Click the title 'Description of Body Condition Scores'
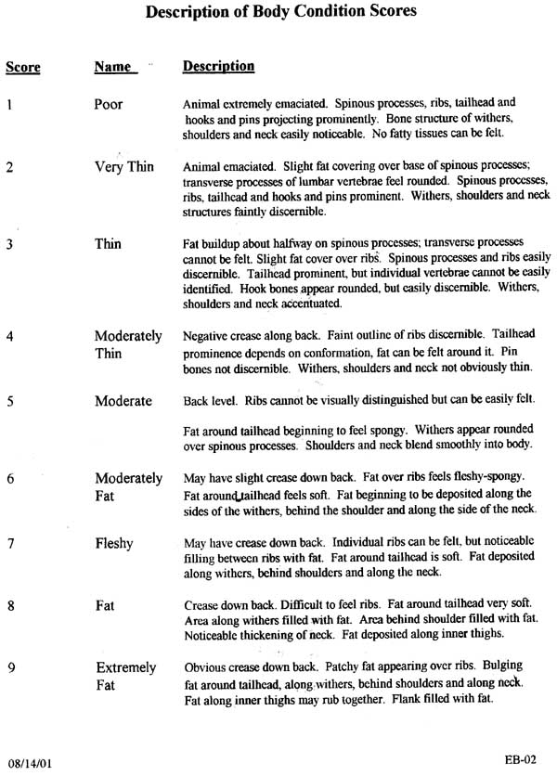(276, 12)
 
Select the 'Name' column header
(115, 68)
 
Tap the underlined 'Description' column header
(218, 67)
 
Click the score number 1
(9, 104)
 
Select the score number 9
(9, 667)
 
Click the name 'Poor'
(109, 104)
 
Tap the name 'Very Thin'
(123, 167)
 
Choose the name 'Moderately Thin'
(127, 344)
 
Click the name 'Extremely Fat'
(125, 677)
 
